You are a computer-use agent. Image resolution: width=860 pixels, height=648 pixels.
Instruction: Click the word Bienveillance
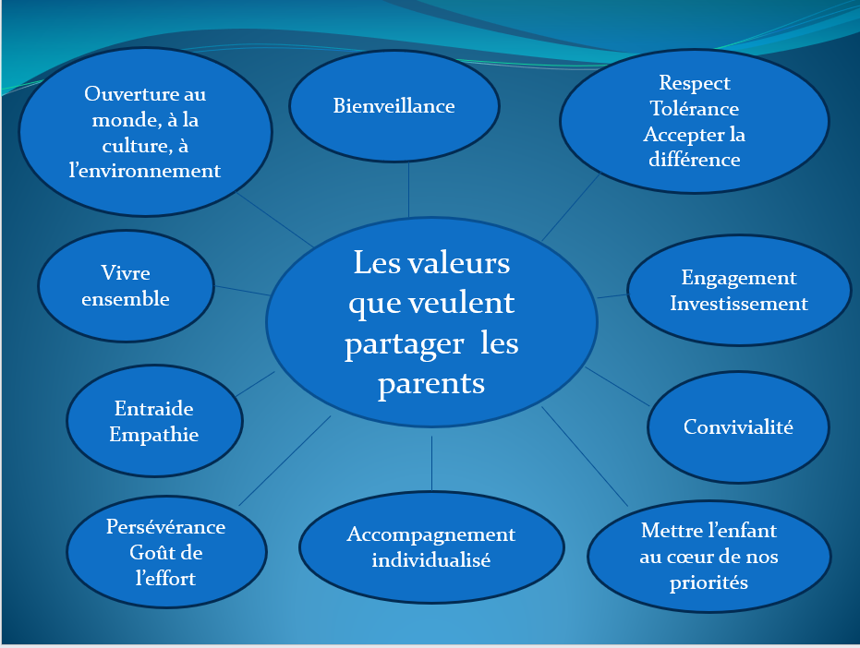pyautogui.click(x=394, y=106)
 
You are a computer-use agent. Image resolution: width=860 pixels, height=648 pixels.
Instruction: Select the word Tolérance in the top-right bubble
pyautogui.click(x=695, y=109)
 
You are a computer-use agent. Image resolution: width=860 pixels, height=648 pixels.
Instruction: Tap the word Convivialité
pyautogui.click(x=738, y=426)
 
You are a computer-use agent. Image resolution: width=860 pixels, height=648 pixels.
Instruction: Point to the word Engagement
pyautogui.click(x=739, y=279)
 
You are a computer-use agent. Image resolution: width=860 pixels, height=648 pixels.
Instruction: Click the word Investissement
pyautogui.click(x=739, y=303)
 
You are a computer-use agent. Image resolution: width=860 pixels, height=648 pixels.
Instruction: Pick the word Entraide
pyautogui.click(x=154, y=408)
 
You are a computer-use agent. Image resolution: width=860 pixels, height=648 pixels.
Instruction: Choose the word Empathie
pyautogui.click(x=154, y=435)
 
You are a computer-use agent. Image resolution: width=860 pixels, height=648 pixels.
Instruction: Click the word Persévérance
pyautogui.click(x=165, y=526)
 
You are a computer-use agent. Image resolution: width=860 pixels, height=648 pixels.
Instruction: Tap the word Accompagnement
pyautogui.click(x=431, y=535)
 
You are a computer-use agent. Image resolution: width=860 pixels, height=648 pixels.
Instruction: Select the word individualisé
pyautogui.click(x=431, y=559)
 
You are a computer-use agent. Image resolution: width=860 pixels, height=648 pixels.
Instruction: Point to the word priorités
pyautogui.click(x=709, y=582)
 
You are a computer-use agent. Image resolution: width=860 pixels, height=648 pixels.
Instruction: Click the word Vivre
pyautogui.click(x=126, y=273)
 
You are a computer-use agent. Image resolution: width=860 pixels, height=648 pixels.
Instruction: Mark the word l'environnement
pyautogui.click(x=145, y=171)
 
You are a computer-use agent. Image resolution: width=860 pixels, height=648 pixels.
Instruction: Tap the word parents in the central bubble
pyautogui.click(x=431, y=384)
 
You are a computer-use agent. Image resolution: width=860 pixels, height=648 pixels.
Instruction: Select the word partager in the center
pyautogui.click(x=405, y=345)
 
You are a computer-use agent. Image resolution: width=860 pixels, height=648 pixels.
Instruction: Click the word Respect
pyautogui.click(x=695, y=83)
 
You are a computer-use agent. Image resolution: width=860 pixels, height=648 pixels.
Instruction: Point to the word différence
pyautogui.click(x=695, y=160)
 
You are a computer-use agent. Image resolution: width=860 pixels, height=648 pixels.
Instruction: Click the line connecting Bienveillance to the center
pyautogui.click(x=408, y=190)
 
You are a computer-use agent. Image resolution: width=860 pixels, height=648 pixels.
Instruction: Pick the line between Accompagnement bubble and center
pyautogui.click(x=431, y=463)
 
